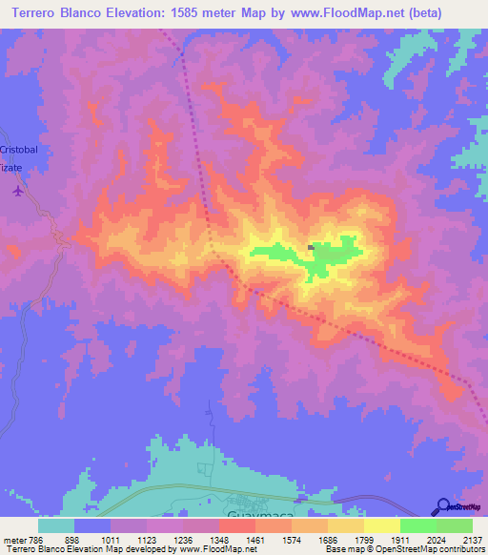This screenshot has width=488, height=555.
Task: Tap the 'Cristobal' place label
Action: pyautogui.click(x=18, y=151)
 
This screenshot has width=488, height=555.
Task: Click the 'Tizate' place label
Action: pyautogui.click(x=10, y=167)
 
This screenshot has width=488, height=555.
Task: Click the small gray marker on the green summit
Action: pyautogui.click(x=312, y=247)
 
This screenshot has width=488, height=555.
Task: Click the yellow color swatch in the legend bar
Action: pyautogui.click(x=381, y=524)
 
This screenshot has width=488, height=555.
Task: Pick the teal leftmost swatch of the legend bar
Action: pyautogui.click(x=56, y=524)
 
